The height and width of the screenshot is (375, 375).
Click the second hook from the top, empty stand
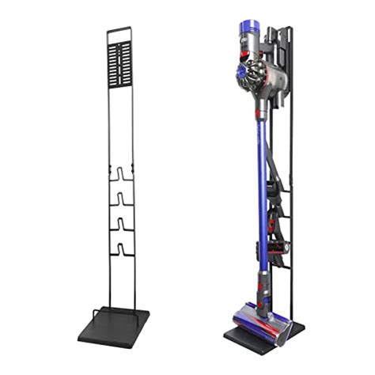(x=121, y=197)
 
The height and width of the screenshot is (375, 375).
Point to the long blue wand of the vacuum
(x=259, y=198)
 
